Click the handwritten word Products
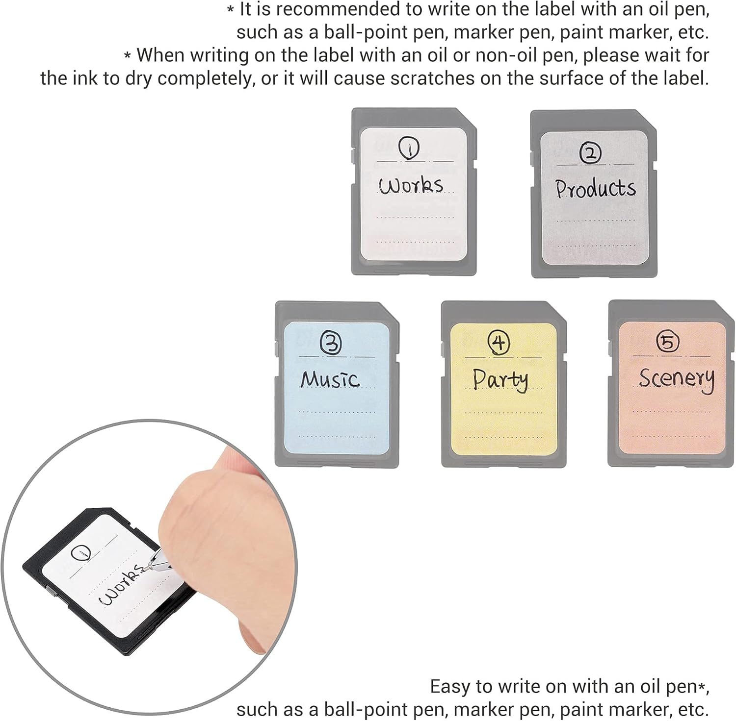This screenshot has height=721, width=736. (x=595, y=188)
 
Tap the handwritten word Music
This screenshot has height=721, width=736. (x=330, y=379)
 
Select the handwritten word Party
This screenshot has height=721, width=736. (x=500, y=380)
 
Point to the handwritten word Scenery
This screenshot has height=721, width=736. (x=676, y=379)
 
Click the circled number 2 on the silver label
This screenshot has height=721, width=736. (x=590, y=153)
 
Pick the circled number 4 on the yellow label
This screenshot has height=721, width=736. (x=499, y=342)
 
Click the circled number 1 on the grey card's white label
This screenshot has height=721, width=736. (x=408, y=149)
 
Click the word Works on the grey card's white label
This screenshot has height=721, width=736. (x=411, y=185)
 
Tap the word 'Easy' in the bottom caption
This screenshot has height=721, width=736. (x=450, y=687)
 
